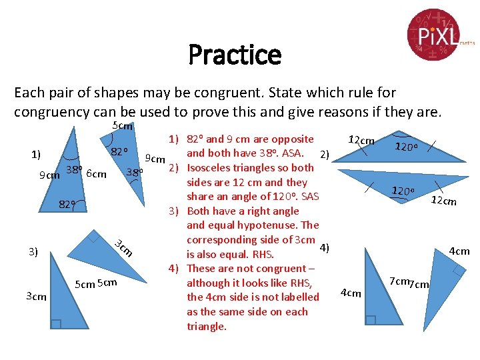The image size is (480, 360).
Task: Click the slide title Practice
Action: point(235,55)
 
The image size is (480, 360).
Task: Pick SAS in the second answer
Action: point(309,197)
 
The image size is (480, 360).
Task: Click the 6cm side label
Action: point(97,175)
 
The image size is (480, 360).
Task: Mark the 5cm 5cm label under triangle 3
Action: point(97,283)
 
